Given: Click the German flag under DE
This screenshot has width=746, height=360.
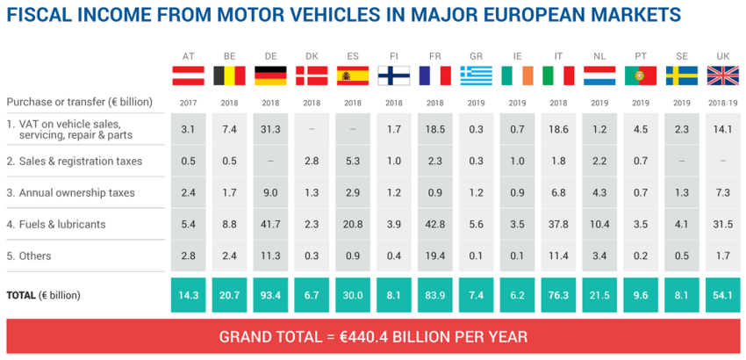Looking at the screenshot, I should (x=270, y=76).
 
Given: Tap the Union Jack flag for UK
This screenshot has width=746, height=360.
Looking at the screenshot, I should (x=723, y=76).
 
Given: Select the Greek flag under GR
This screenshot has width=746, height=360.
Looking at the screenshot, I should (x=477, y=76).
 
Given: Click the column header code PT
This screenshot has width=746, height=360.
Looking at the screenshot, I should (x=641, y=54).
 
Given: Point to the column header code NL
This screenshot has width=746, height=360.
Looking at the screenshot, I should (x=599, y=54).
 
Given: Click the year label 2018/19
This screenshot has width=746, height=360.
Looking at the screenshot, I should (x=723, y=102).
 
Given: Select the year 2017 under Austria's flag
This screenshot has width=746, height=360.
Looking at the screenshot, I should (x=188, y=102).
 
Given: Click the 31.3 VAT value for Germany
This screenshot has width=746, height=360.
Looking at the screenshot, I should (x=270, y=129).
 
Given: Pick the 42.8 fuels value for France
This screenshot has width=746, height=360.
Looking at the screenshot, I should (x=435, y=224).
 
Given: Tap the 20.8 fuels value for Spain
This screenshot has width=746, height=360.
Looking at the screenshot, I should (x=353, y=224).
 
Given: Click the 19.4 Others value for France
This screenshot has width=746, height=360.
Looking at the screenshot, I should (x=435, y=256).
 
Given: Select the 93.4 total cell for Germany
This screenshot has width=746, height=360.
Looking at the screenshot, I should (x=270, y=296).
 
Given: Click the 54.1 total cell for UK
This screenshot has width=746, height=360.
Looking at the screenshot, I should (x=723, y=296).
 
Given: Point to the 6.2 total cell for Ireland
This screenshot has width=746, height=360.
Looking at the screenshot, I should (x=518, y=296).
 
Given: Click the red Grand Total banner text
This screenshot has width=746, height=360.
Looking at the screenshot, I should (x=373, y=336).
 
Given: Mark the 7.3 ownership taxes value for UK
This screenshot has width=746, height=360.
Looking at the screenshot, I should (x=723, y=192).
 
